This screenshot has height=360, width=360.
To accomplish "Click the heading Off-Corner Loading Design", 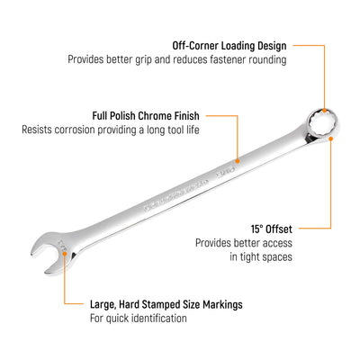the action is (x=229, y=46).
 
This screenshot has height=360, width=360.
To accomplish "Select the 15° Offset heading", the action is (x=272, y=229).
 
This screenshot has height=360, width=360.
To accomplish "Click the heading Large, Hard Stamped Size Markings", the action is (x=166, y=304).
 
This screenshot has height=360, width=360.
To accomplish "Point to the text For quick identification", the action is (x=139, y=318).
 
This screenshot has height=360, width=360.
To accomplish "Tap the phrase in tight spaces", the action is (x=261, y=256).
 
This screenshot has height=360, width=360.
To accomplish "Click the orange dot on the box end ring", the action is (x=324, y=110).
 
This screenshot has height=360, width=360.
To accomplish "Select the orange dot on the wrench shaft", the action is (x=238, y=161).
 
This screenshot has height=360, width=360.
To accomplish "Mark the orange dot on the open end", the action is (x=65, y=254).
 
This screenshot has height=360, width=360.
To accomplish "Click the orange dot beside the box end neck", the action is (x=330, y=139).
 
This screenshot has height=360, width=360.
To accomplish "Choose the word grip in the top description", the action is (x=144, y=60).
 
